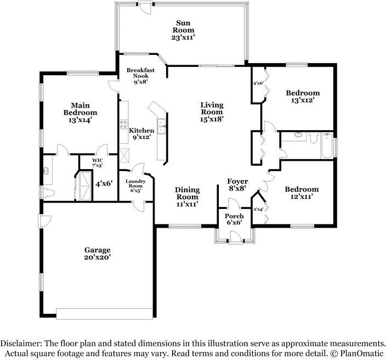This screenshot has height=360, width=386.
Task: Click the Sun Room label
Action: tap(183, 26)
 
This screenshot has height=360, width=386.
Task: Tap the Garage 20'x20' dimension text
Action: tap(97, 257)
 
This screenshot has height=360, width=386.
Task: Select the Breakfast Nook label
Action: tap(140, 73)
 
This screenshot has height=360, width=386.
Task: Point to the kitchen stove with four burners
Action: tap(124, 124)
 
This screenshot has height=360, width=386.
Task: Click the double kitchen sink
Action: tap(162, 126)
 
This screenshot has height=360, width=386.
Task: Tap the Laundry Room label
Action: tap(135, 183)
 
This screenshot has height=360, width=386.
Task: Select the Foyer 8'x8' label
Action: tap(237, 185)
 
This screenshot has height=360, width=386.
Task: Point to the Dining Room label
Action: tap(187, 193)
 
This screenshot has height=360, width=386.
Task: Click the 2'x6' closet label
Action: tap(258, 83)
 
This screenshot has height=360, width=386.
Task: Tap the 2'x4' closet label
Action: tap(258, 210)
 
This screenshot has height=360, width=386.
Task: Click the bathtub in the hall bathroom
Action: tap(327, 145)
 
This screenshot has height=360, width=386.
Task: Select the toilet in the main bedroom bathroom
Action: tap(48, 193)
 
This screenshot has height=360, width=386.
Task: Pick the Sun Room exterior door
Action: tap(145, 8)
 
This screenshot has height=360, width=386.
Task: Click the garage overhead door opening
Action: tap(105, 314)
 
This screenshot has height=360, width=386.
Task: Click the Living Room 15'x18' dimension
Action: tap(212, 119)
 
